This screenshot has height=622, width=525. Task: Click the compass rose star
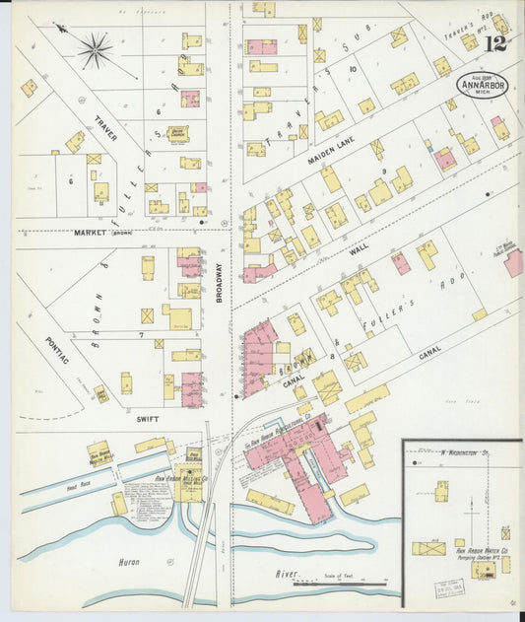pos(96,50)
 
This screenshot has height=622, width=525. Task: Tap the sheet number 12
pos(495,43)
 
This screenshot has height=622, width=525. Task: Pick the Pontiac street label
pos(56,352)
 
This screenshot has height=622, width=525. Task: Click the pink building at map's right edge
pos(513,262)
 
